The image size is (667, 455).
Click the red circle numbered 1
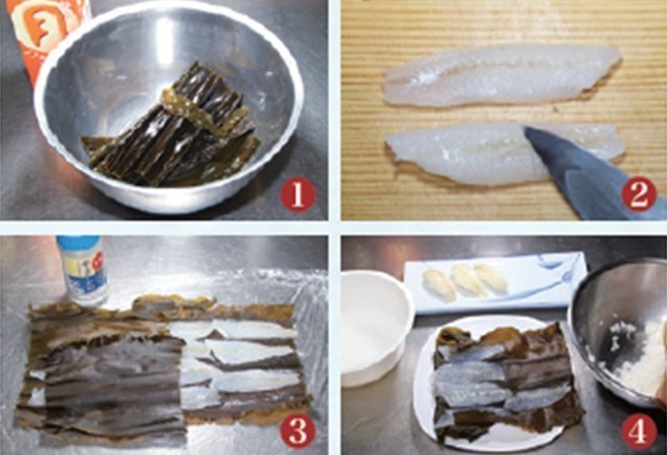click(x=297, y=194)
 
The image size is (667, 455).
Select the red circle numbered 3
click(x=297, y=429)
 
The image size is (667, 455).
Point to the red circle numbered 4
click(x=640, y=429)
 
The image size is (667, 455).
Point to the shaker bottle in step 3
click(x=82, y=270)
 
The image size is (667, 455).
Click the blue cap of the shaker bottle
click(x=78, y=244)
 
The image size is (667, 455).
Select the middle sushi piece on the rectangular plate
click(x=470, y=279)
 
